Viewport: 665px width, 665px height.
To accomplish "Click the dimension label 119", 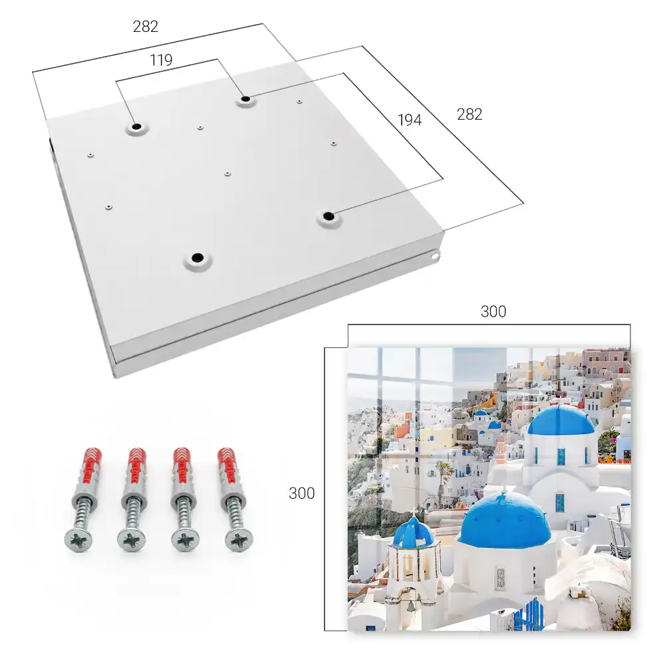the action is pyautogui.click(x=161, y=61).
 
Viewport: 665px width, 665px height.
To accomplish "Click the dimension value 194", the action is pyautogui.click(x=410, y=120).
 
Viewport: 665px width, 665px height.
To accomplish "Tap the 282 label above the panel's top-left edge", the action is pyautogui.click(x=146, y=27).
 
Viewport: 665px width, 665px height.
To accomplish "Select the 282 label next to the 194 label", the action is pyautogui.click(x=469, y=114).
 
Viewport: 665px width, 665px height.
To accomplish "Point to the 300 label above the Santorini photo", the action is pyautogui.click(x=493, y=312).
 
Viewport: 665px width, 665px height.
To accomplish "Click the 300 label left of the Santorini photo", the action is pyautogui.click(x=301, y=493).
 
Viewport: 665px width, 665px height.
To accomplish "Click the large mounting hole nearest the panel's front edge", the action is pyautogui.click(x=198, y=258).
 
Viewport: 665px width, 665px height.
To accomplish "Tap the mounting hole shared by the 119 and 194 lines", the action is pyautogui.click(x=245, y=100).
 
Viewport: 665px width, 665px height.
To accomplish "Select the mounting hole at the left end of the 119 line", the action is pyautogui.click(x=136, y=126).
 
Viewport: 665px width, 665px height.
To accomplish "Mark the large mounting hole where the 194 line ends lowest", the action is pyautogui.click(x=329, y=216).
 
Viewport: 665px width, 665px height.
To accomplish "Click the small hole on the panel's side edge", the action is pyautogui.click(x=434, y=256).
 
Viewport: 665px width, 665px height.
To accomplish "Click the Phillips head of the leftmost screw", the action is pyautogui.click(x=78, y=540).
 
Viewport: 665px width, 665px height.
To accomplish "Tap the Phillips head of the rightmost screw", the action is pyautogui.click(x=239, y=540).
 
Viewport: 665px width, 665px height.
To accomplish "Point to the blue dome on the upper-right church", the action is pyautogui.click(x=561, y=420).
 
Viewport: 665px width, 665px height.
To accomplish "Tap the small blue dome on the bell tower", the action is pyautogui.click(x=413, y=532).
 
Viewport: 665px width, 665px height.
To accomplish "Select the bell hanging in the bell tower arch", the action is pyautogui.click(x=410, y=607).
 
